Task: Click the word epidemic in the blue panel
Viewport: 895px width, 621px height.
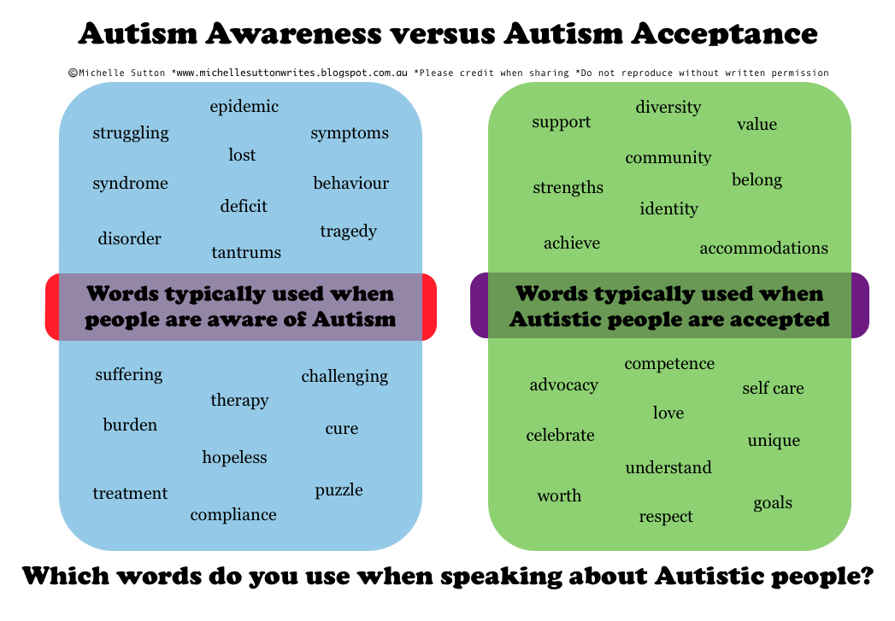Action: (x=244, y=107)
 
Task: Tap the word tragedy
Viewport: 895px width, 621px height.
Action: (x=348, y=231)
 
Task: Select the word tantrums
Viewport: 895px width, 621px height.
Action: (x=246, y=252)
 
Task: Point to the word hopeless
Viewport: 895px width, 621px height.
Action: (x=234, y=457)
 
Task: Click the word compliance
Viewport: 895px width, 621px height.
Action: (x=233, y=514)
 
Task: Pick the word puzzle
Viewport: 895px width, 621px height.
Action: (x=339, y=490)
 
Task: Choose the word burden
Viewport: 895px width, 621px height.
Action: (x=130, y=425)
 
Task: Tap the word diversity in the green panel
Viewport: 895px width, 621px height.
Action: (x=668, y=107)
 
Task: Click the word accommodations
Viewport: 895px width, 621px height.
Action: (x=763, y=248)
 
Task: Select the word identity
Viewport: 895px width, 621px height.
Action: (x=668, y=208)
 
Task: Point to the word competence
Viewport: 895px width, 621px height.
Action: (x=668, y=363)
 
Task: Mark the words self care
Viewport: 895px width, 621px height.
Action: (x=773, y=388)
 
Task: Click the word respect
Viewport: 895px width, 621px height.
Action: (x=666, y=516)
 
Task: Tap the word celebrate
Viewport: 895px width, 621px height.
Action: (x=560, y=435)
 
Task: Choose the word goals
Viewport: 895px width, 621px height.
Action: (x=773, y=502)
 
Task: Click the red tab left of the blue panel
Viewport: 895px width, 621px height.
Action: (x=51, y=307)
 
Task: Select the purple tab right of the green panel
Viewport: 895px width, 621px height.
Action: (x=860, y=305)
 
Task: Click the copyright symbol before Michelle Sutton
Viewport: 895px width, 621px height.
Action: (x=73, y=73)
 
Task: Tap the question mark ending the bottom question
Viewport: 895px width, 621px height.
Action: (x=863, y=576)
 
